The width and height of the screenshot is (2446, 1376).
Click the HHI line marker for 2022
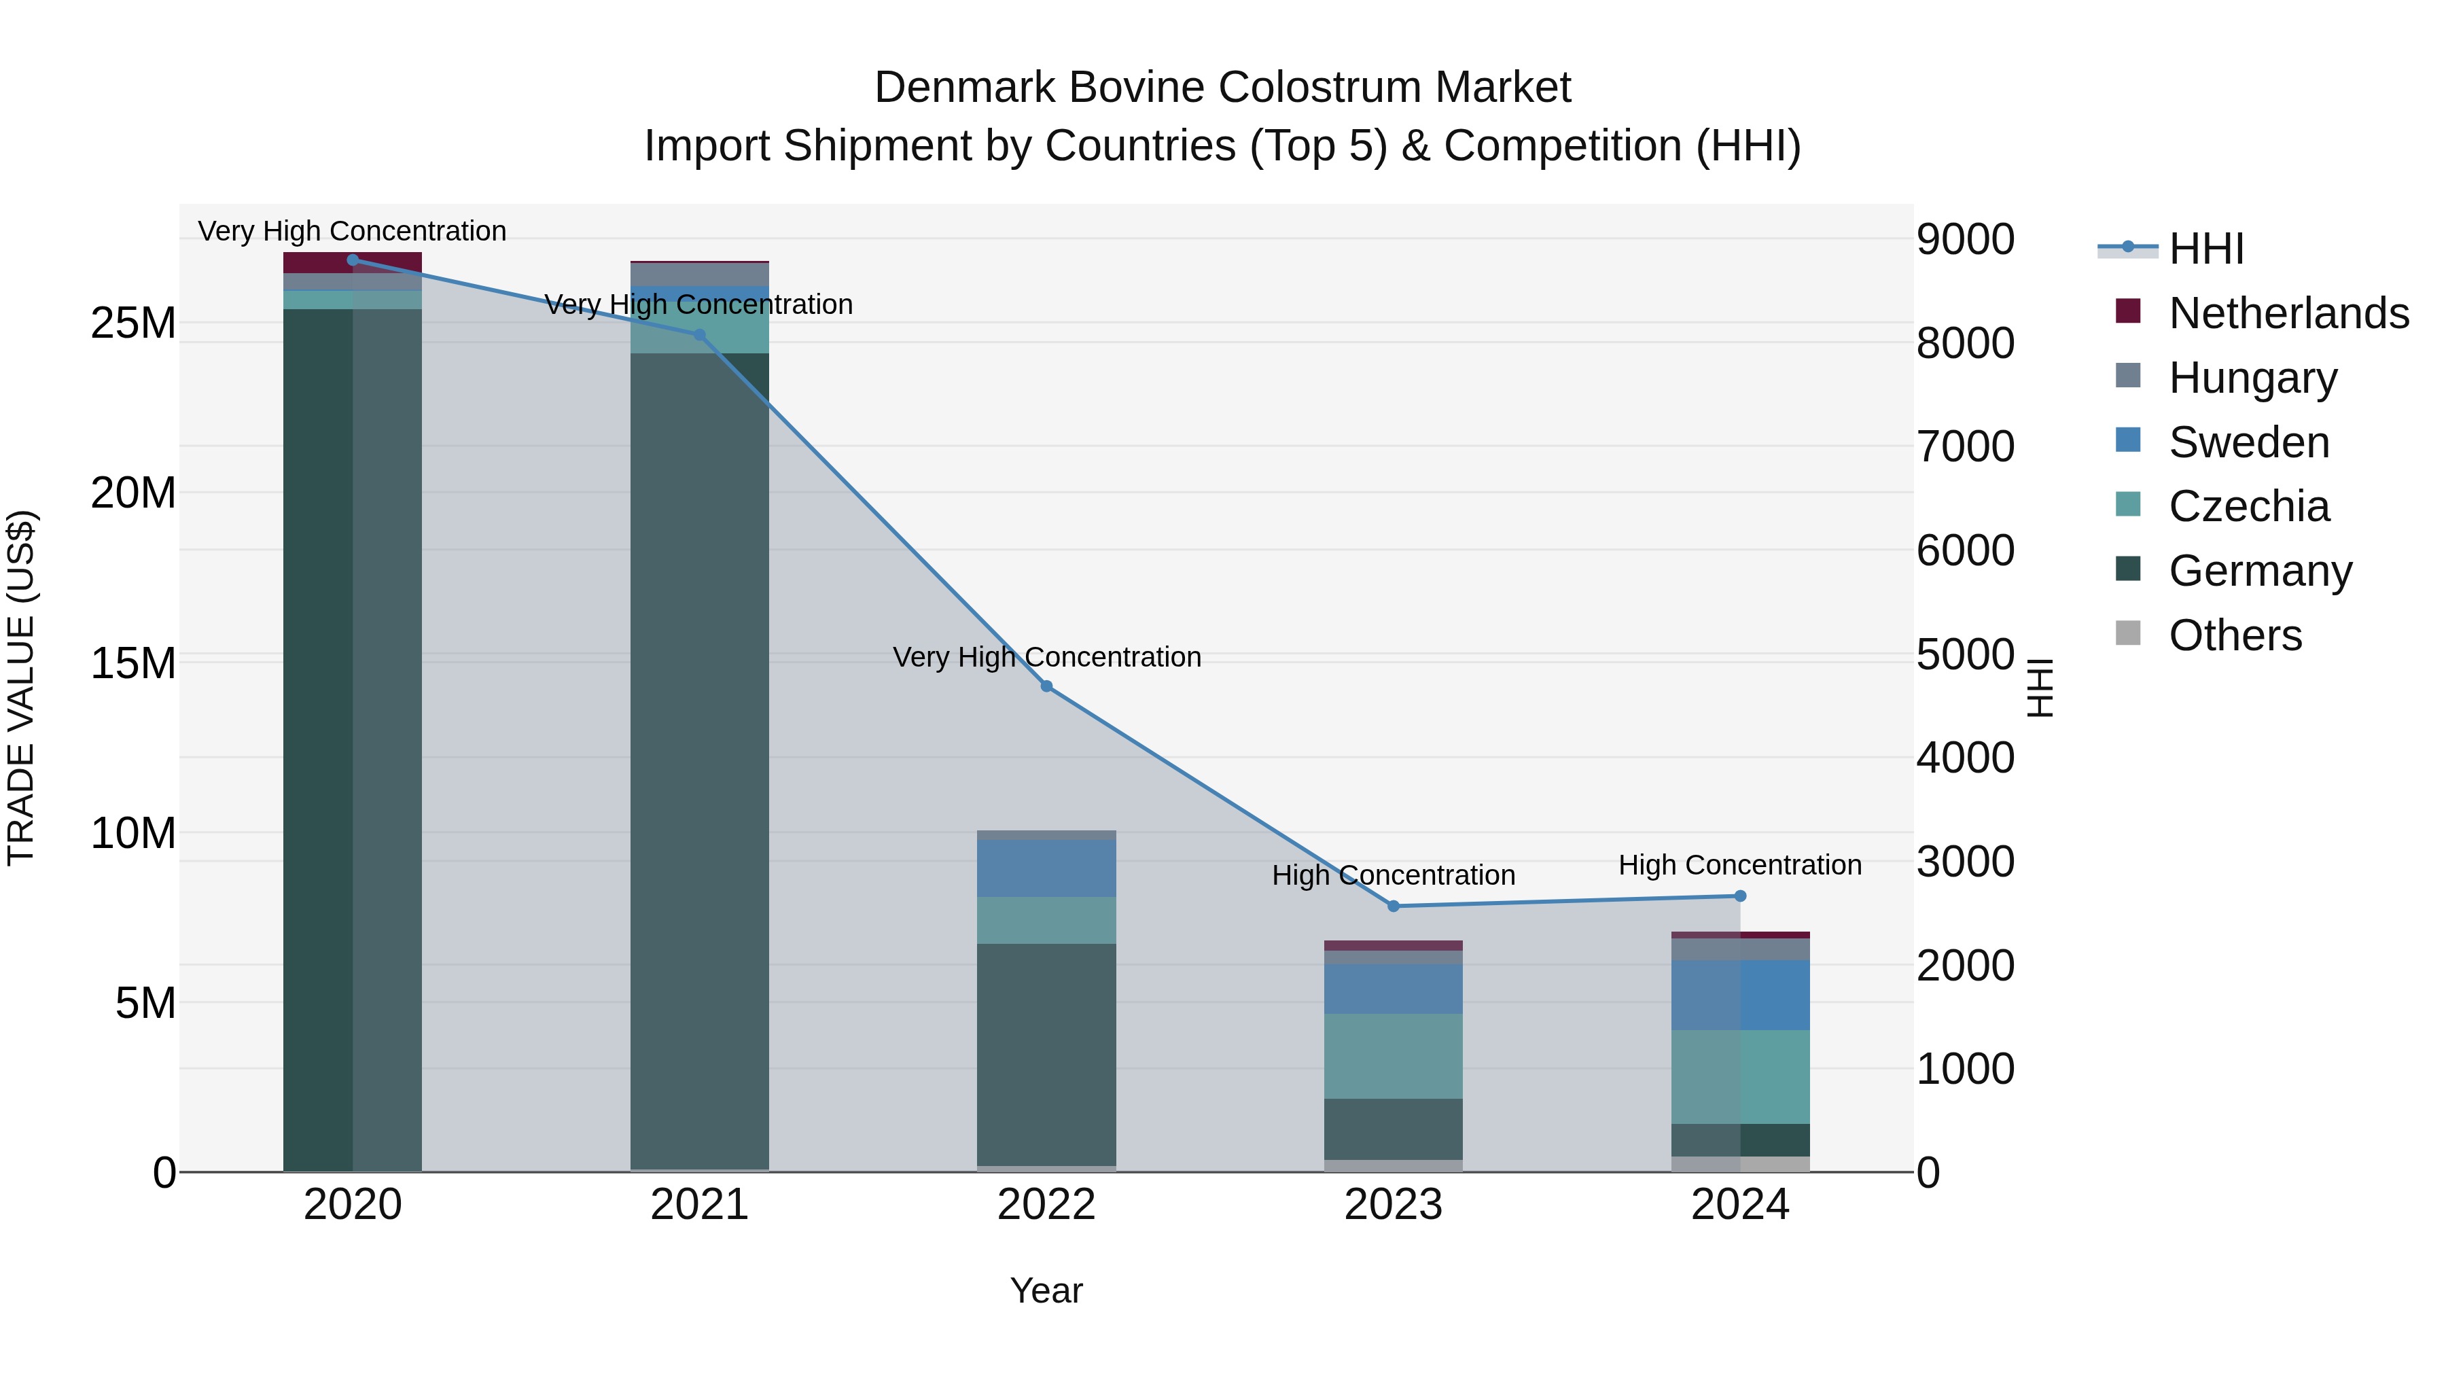pyautogui.click(x=1046, y=686)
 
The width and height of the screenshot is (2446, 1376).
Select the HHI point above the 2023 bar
pyautogui.click(x=1393, y=906)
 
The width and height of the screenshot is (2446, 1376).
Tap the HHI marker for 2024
pyautogui.click(x=1739, y=896)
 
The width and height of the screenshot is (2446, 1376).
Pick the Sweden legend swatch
pyautogui.click(x=2129, y=440)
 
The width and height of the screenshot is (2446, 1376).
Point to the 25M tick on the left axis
pyautogui.click(x=133, y=324)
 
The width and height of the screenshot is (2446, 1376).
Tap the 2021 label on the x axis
pyautogui.click(x=700, y=1205)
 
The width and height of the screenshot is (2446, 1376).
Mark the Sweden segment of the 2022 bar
pyautogui.click(x=1046, y=868)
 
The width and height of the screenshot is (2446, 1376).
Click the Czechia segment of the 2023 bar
pyautogui.click(x=1393, y=1055)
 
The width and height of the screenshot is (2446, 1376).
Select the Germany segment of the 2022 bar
pyautogui.click(x=1046, y=1054)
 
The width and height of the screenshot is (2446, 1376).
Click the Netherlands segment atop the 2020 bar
pyautogui.click(x=352, y=262)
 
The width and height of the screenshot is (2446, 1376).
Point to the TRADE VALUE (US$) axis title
pyautogui.click(x=21, y=688)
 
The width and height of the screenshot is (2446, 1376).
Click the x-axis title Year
pyautogui.click(x=1046, y=1290)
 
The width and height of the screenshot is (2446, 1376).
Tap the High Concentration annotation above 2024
pyautogui.click(x=1739, y=865)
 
